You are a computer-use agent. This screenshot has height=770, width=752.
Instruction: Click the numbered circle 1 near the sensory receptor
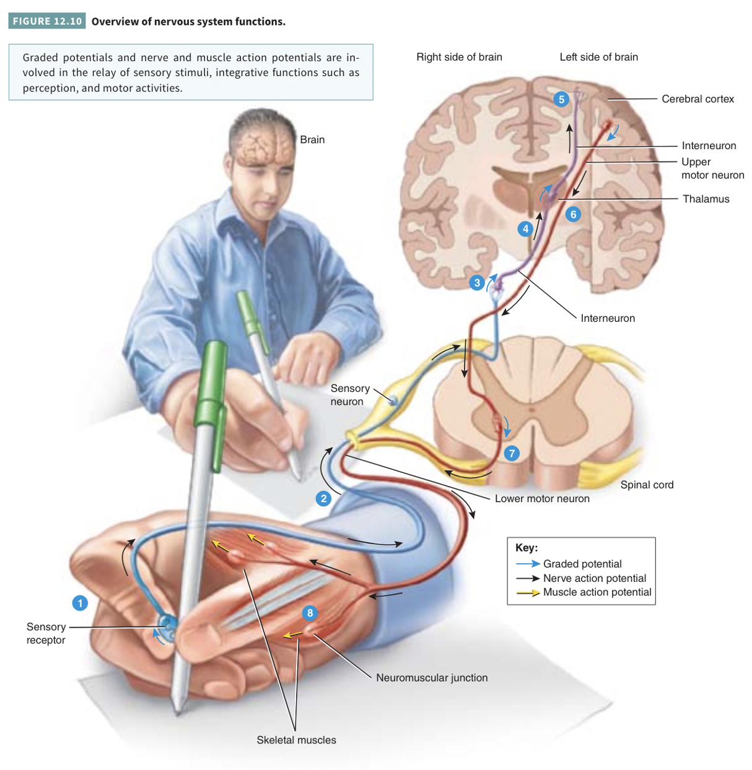80,603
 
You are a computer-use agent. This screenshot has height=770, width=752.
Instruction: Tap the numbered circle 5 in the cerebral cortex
561,99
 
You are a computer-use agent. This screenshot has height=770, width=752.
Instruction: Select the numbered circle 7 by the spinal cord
512,453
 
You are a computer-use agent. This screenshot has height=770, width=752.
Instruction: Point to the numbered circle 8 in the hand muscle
310,613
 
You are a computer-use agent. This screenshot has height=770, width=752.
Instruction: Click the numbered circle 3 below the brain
477,283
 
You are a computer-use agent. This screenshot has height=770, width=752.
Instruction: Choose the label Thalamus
706,199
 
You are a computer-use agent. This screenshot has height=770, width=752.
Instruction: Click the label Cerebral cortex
697,99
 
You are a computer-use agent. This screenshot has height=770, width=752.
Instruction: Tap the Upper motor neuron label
712,168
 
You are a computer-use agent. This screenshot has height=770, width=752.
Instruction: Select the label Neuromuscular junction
432,678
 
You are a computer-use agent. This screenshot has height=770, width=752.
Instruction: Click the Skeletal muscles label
296,740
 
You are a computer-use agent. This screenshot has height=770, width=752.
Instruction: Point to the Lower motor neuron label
542,498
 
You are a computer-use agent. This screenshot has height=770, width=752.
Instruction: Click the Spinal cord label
647,485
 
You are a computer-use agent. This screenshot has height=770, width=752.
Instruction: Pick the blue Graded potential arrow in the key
528,564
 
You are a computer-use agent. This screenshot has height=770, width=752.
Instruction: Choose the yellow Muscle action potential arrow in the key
528,592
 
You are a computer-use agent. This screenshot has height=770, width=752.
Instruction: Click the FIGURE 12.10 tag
47,21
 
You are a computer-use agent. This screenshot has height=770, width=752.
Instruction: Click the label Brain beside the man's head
312,140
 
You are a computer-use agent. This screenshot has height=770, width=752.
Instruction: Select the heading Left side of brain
599,57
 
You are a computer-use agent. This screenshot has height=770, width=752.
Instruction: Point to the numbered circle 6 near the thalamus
573,214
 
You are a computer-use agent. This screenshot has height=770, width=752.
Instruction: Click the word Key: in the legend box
527,548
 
